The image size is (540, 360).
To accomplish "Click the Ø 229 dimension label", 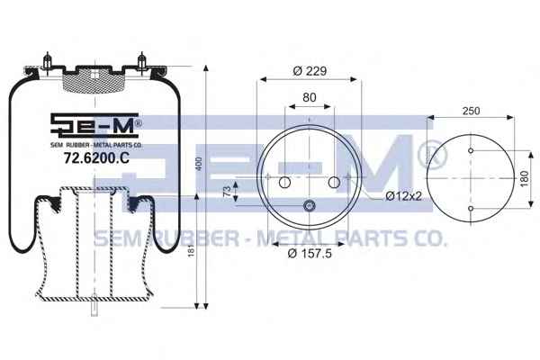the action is tap(310, 71).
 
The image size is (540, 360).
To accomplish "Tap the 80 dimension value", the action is tap(310, 97).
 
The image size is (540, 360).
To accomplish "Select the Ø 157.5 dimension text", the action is tap(310, 254).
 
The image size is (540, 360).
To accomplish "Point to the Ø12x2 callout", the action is tap(403, 196).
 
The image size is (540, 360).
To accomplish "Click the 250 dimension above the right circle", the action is tap(471, 111).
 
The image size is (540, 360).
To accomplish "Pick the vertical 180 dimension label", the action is tap(524, 179).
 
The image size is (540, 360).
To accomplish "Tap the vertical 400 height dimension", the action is tap(199, 164).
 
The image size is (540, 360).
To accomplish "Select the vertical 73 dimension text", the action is tap(227, 191).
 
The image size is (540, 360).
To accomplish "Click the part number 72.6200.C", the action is tap(97, 158).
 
